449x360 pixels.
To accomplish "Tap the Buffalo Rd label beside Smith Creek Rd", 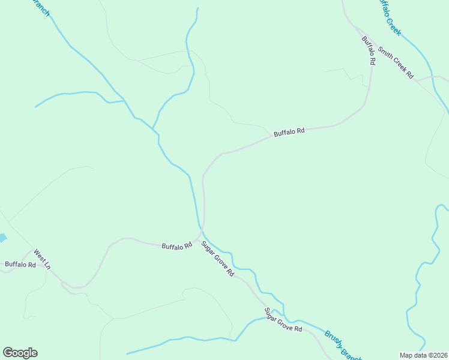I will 368,50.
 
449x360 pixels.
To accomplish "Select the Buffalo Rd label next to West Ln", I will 20,264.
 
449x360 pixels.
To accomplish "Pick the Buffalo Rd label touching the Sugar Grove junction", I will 176,245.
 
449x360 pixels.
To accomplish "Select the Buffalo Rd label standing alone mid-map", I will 289,132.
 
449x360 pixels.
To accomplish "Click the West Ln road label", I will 42,259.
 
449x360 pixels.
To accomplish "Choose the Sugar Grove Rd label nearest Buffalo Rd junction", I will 217,258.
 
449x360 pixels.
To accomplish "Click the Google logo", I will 20,353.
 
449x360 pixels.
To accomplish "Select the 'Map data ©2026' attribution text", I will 423,355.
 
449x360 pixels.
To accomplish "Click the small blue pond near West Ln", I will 2,238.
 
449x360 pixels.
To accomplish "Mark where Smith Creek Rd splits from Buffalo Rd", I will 359,30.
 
